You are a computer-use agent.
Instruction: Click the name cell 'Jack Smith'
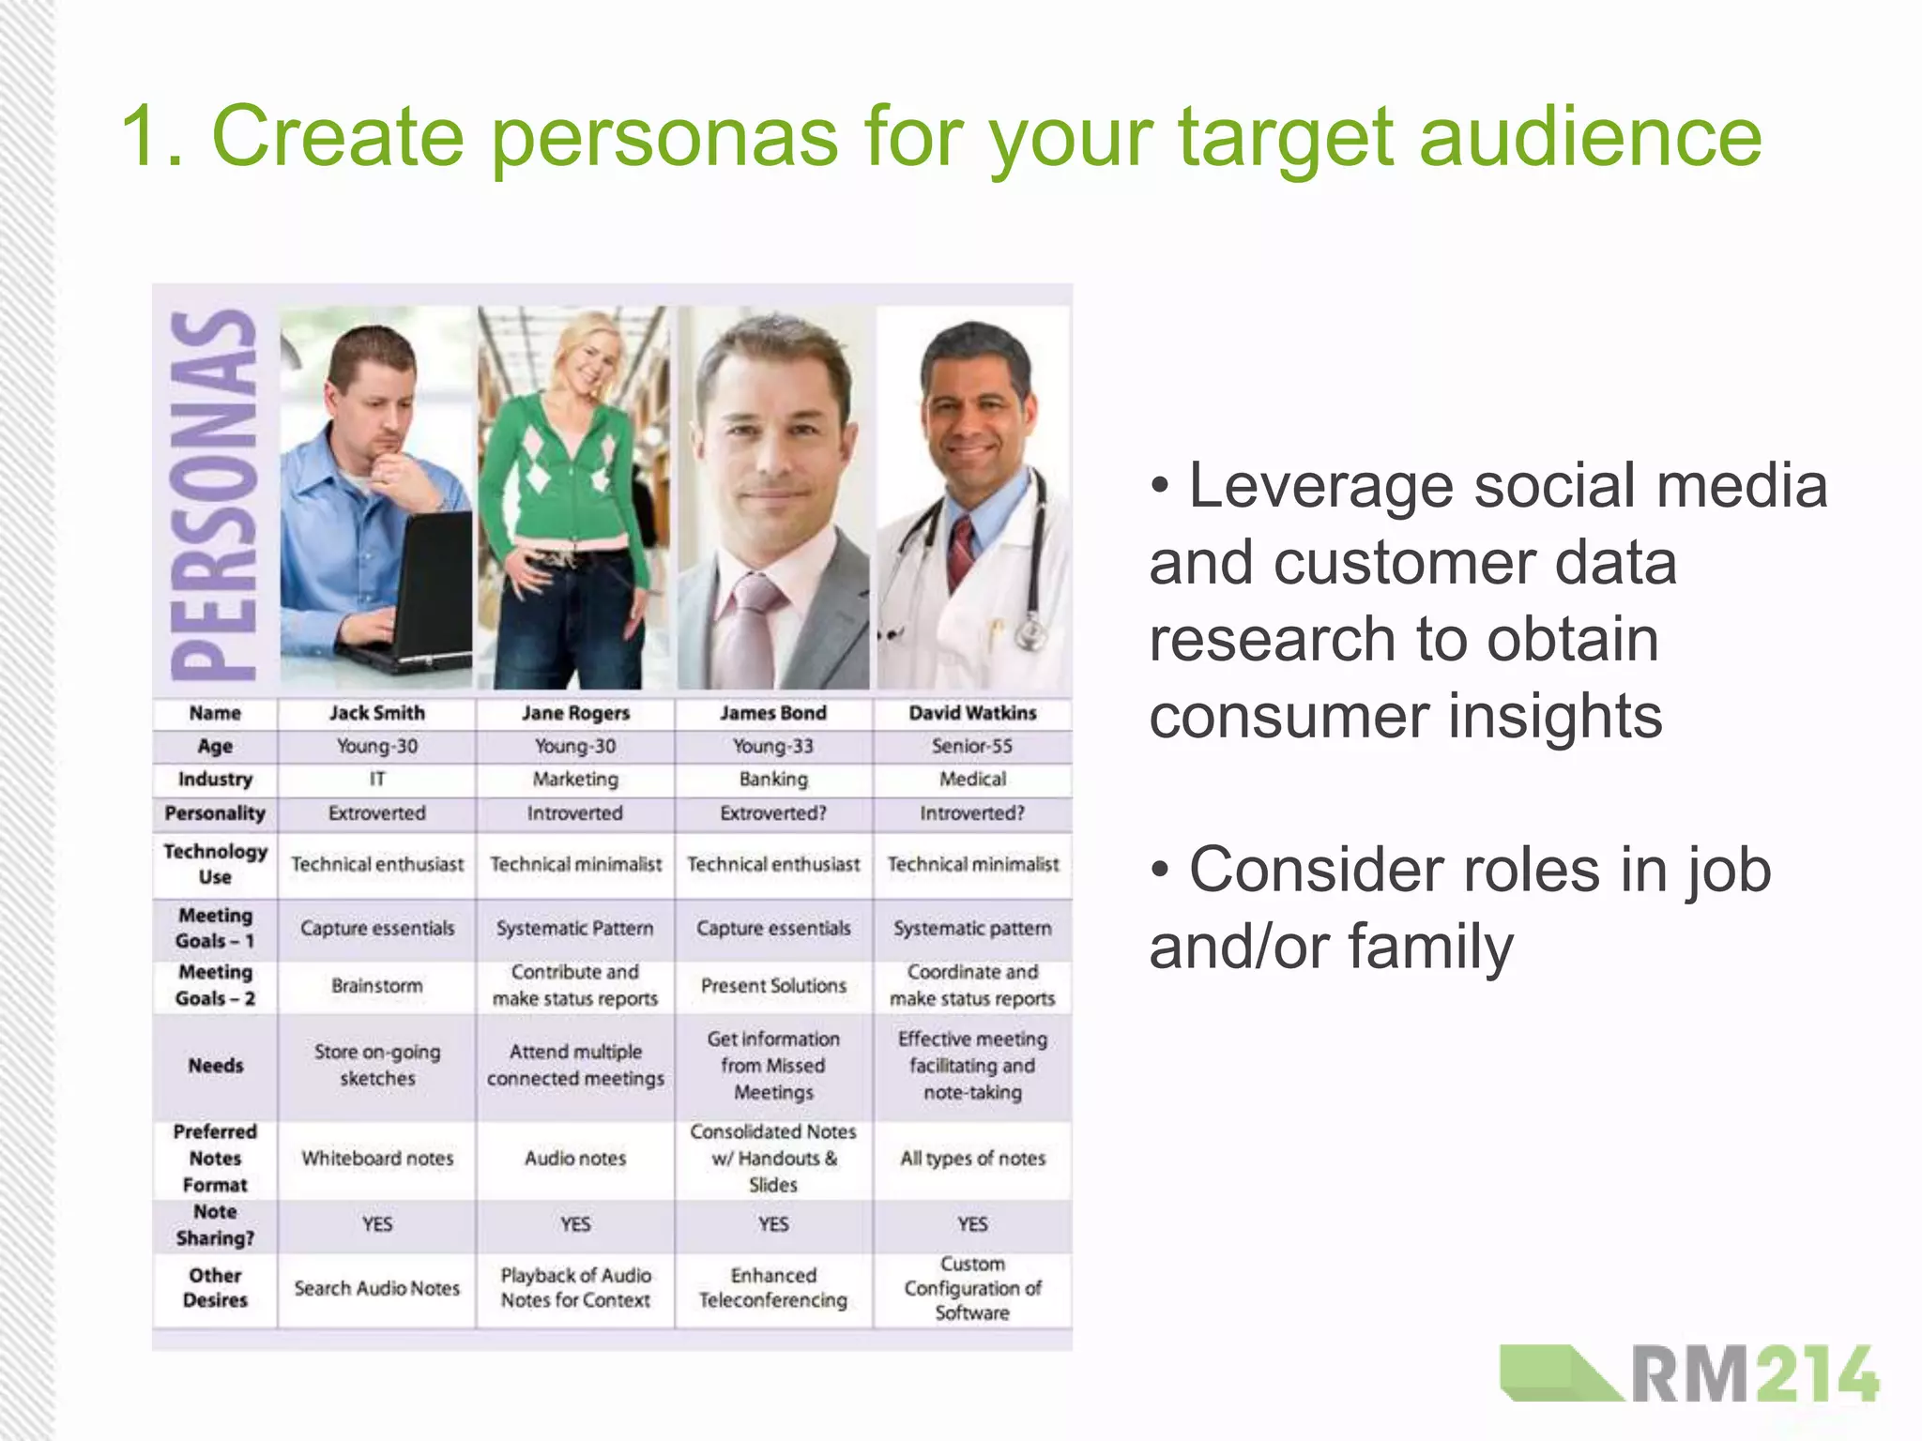(x=376, y=713)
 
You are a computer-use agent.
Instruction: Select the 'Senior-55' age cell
(x=971, y=746)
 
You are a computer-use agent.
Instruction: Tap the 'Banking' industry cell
(x=772, y=779)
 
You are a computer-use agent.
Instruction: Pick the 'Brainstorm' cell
(x=376, y=985)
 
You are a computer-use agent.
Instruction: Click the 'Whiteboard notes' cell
(x=376, y=1159)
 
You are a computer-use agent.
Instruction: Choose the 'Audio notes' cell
(x=574, y=1159)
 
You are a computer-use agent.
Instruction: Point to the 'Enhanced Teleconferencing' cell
(x=772, y=1287)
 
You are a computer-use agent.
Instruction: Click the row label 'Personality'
(x=215, y=813)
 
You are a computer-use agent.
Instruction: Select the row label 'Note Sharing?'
(x=215, y=1224)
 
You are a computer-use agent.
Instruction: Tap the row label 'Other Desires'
(x=215, y=1287)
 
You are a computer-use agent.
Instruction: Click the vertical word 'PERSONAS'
(x=214, y=495)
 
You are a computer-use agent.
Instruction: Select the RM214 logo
(x=1689, y=1373)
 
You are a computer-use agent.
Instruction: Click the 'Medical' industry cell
(x=971, y=779)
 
